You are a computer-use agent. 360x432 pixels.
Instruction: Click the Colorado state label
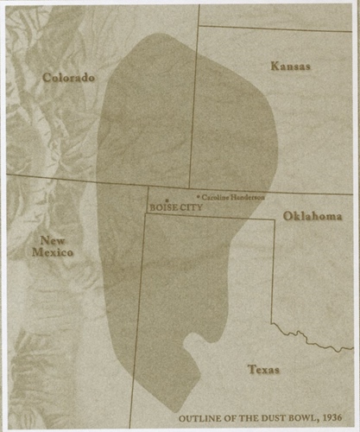(x=68, y=78)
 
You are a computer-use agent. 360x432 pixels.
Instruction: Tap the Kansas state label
(x=290, y=66)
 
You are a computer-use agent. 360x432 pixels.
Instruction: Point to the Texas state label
(x=263, y=369)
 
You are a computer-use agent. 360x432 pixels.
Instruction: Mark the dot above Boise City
(x=167, y=201)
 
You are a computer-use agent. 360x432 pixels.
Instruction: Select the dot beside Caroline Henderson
(x=199, y=198)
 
